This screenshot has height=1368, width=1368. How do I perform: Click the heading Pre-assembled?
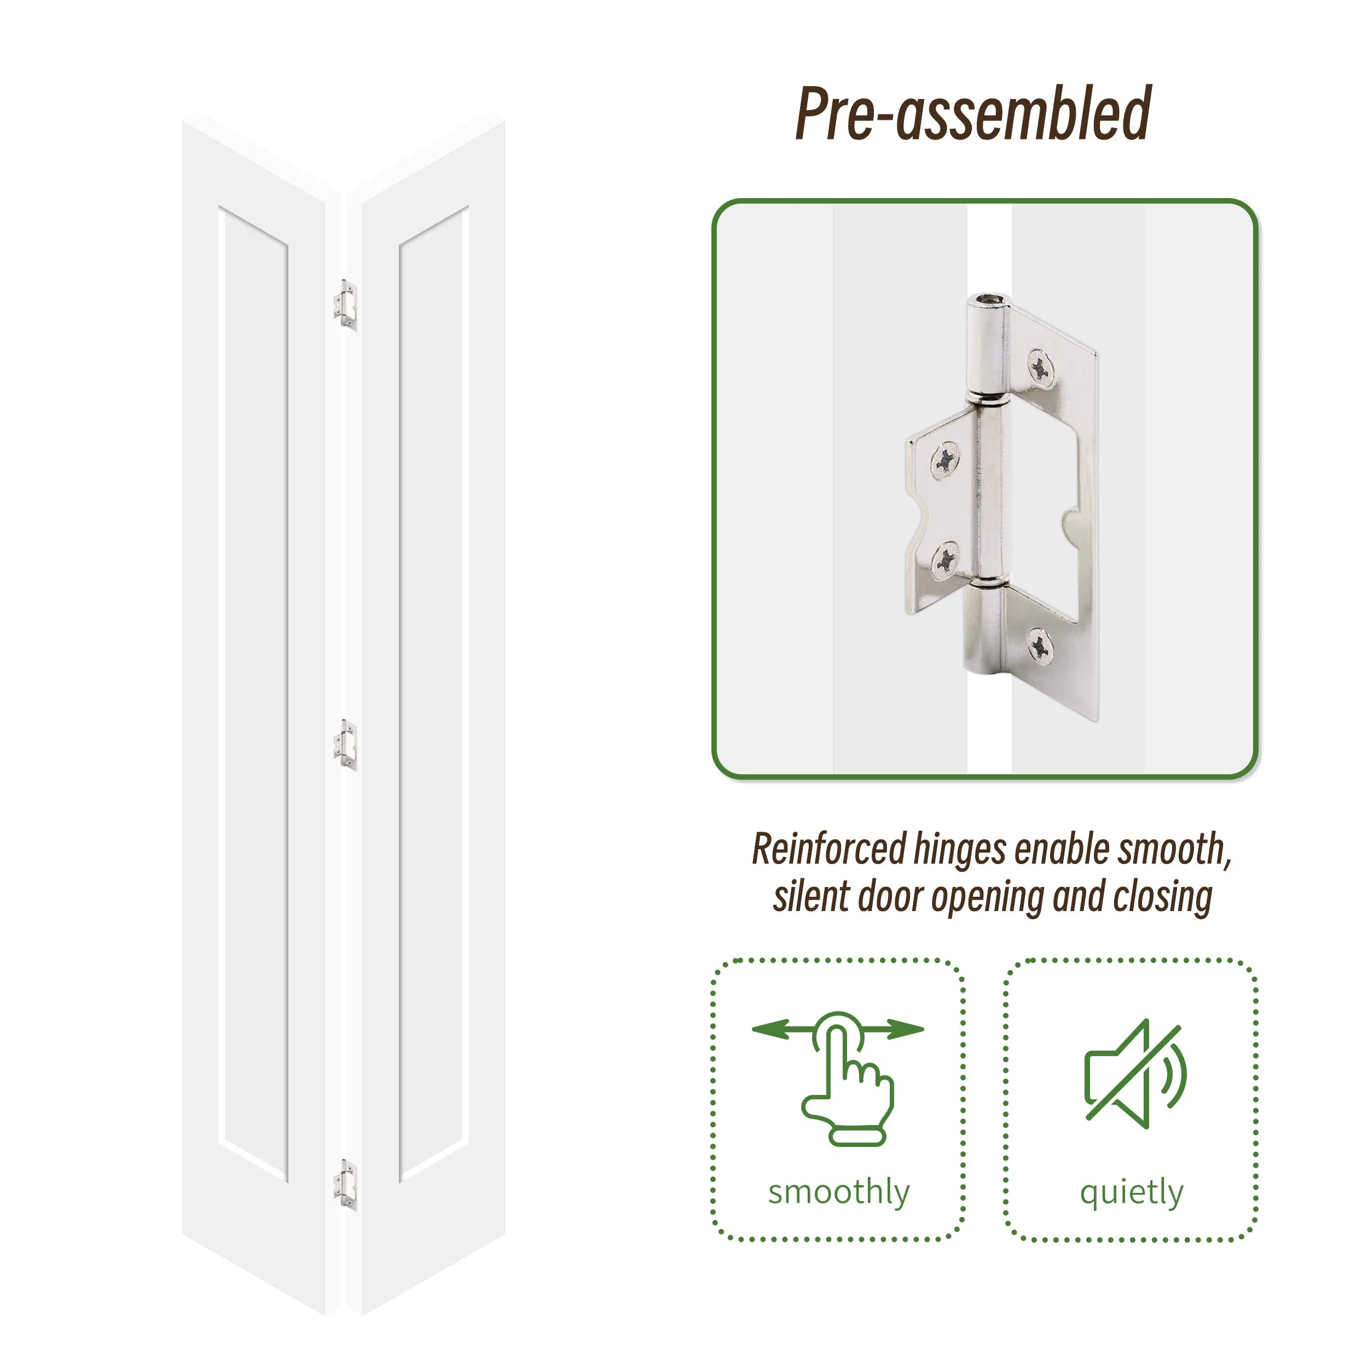(973, 113)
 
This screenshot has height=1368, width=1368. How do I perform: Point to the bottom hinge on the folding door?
(345, 1185)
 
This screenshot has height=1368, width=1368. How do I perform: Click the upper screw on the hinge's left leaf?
(944, 461)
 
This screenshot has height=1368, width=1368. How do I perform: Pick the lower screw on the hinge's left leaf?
(944, 560)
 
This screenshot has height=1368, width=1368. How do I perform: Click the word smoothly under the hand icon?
(839, 1192)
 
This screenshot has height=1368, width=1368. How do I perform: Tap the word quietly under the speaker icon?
(1132, 1192)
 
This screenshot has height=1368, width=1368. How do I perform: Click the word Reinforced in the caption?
(828, 850)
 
